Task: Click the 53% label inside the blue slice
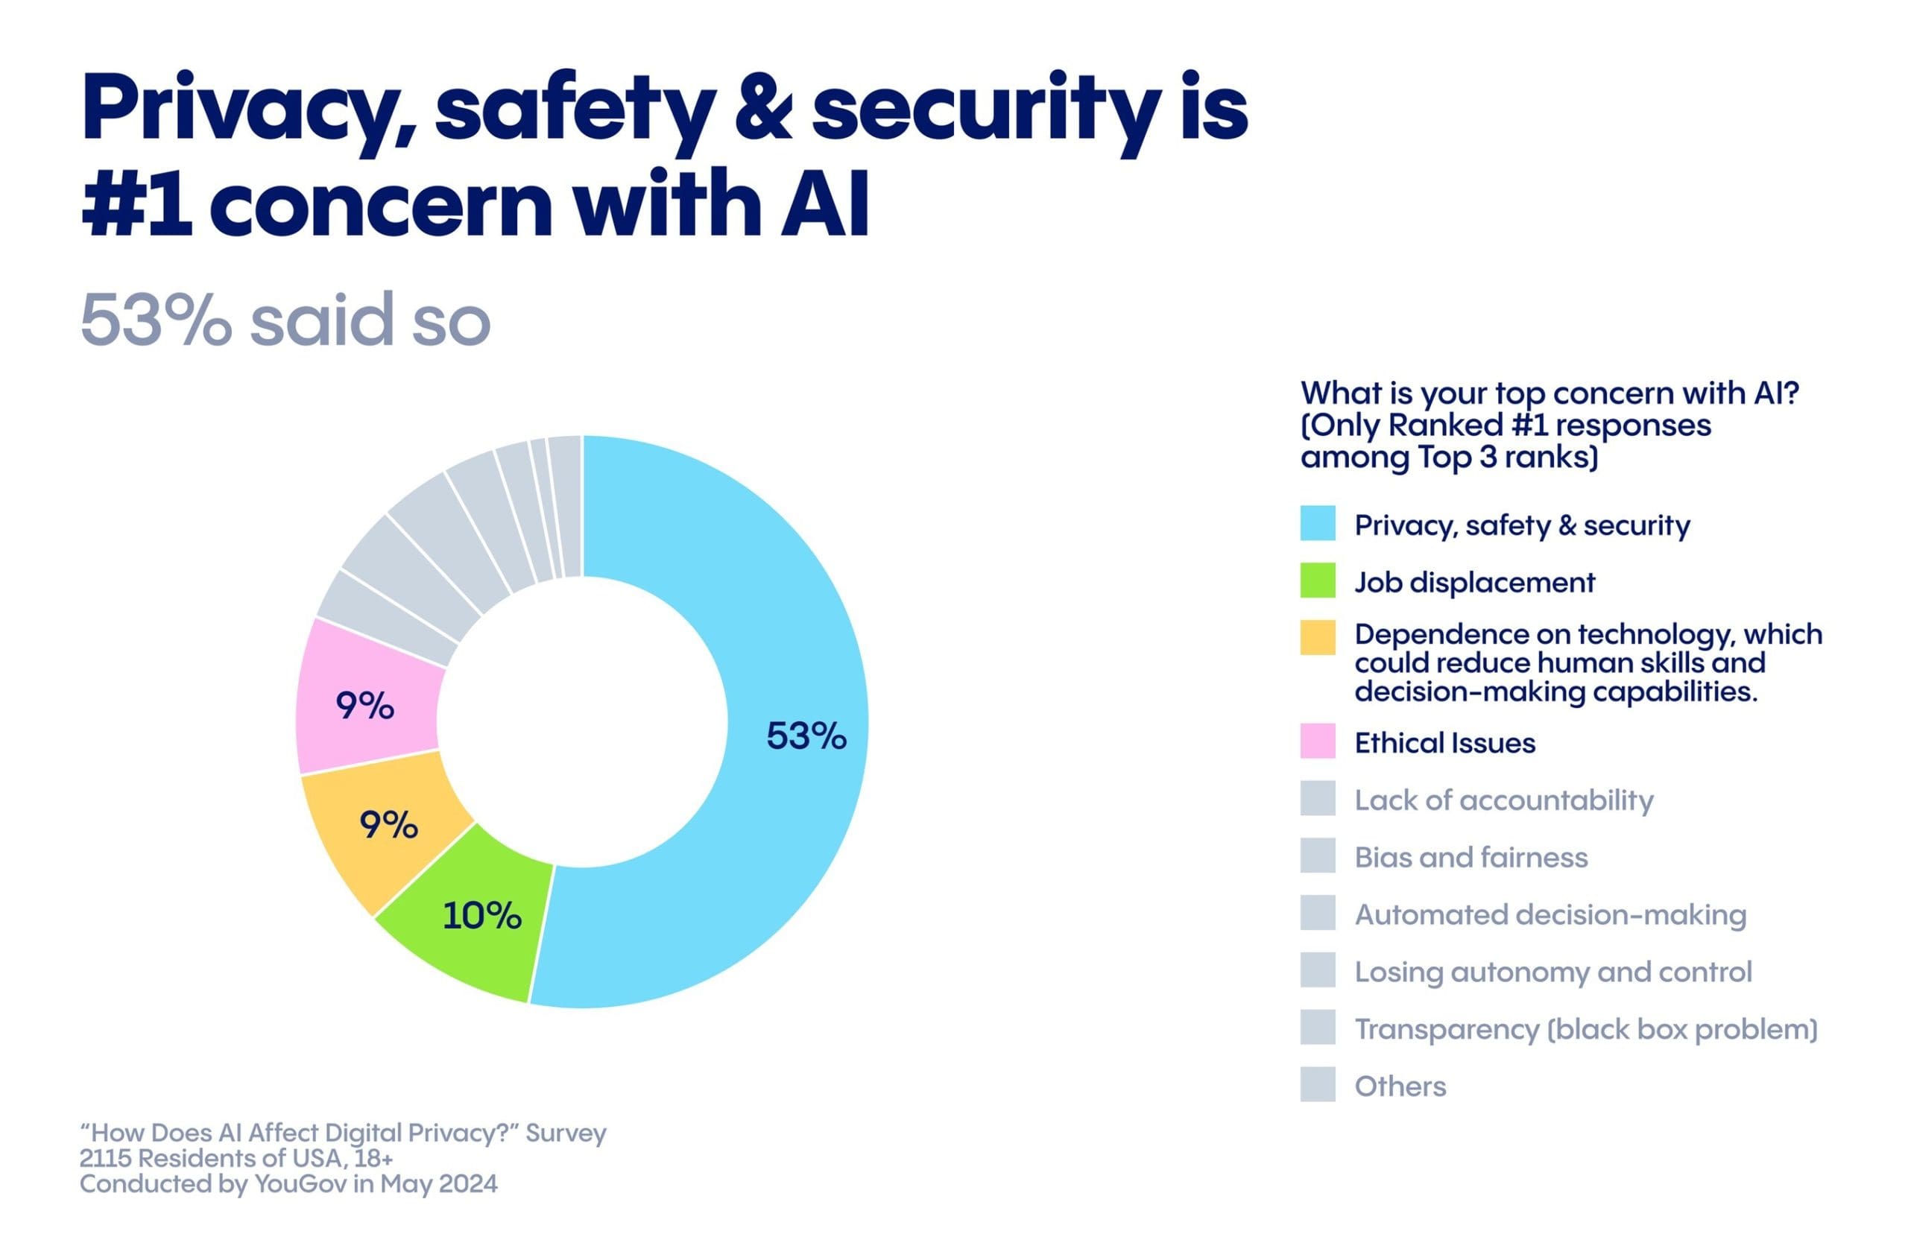806,736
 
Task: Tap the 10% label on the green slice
481,915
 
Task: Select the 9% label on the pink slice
364,706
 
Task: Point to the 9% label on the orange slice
389,824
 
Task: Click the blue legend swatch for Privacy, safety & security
1317,523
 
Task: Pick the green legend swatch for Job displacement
1317,581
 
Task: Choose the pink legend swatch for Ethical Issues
1317,741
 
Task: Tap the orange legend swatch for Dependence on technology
1317,637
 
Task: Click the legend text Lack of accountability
1503,800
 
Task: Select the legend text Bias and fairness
1471,858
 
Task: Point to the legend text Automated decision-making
1550,914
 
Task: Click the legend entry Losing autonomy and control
1552,972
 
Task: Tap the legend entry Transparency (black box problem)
1585,1029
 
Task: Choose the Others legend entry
1400,1086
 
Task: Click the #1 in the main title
136,203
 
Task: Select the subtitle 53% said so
285,320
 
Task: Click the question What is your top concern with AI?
1549,393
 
